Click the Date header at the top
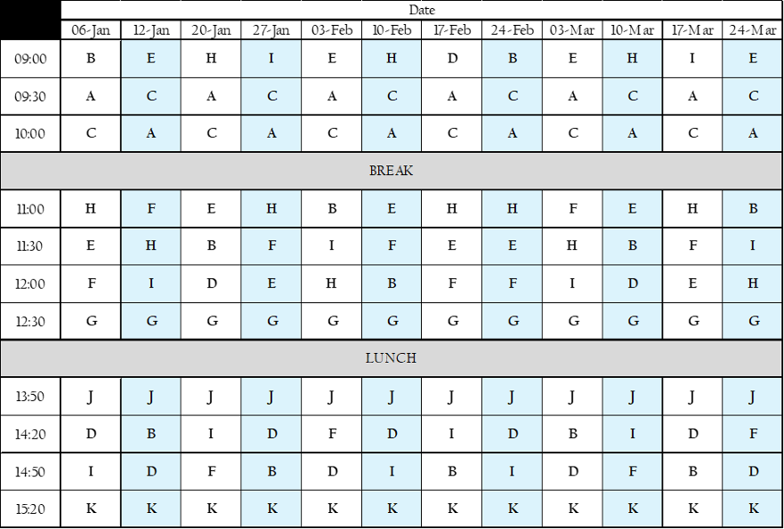pyautogui.click(x=422, y=10)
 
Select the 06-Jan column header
pyautogui.click(x=91, y=30)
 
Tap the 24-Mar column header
pyautogui.click(x=753, y=30)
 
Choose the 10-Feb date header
pyautogui.click(x=392, y=30)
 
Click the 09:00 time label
pyautogui.click(x=30, y=59)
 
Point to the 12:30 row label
pyautogui.click(x=30, y=321)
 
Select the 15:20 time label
pyautogui.click(x=30, y=509)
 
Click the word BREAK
pyautogui.click(x=391, y=171)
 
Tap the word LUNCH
pyautogui.click(x=391, y=358)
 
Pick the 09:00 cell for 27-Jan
pyautogui.click(x=271, y=59)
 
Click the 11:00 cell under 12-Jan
pyautogui.click(x=151, y=208)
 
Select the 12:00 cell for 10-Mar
pyautogui.click(x=633, y=284)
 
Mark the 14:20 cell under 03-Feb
pyautogui.click(x=332, y=434)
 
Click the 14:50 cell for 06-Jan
pyautogui.click(x=91, y=471)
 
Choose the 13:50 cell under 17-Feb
pyautogui.click(x=451, y=397)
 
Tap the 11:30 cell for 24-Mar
pyautogui.click(x=753, y=245)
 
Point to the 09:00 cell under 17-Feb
pyautogui.click(x=451, y=59)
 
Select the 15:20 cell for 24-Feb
pyautogui.click(x=512, y=509)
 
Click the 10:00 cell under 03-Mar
pyautogui.click(x=572, y=133)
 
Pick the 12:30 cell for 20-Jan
pyautogui.click(x=211, y=321)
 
